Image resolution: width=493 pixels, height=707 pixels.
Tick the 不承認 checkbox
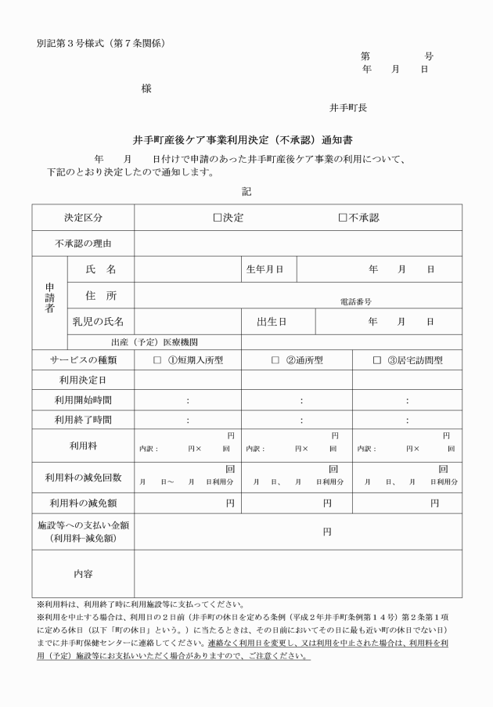point(343,218)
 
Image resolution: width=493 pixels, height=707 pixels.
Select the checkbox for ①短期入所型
point(157,360)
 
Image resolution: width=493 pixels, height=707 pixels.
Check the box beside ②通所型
point(275,360)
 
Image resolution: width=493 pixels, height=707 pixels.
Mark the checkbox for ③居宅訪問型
point(377,360)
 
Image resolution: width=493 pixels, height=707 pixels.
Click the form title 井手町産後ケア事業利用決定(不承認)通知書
point(246,141)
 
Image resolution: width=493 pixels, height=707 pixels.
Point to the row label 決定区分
point(83,218)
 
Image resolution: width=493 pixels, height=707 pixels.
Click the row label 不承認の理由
point(83,243)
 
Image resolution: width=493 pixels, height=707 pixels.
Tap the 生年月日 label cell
point(264,269)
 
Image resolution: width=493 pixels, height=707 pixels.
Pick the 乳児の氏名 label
point(98,321)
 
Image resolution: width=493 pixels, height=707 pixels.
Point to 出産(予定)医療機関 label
point(154,341)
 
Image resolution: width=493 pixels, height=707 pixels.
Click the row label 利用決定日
point(83,380)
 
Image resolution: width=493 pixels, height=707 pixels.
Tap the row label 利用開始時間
point(83,400)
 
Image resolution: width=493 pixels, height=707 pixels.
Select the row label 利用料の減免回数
point(83,476)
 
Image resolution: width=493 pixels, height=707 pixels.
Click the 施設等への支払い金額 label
point(83,525)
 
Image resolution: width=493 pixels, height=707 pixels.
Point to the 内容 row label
point(83,574)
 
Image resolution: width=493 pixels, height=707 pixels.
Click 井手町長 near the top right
point(348,107)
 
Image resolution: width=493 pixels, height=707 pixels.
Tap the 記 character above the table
point(246,190)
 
